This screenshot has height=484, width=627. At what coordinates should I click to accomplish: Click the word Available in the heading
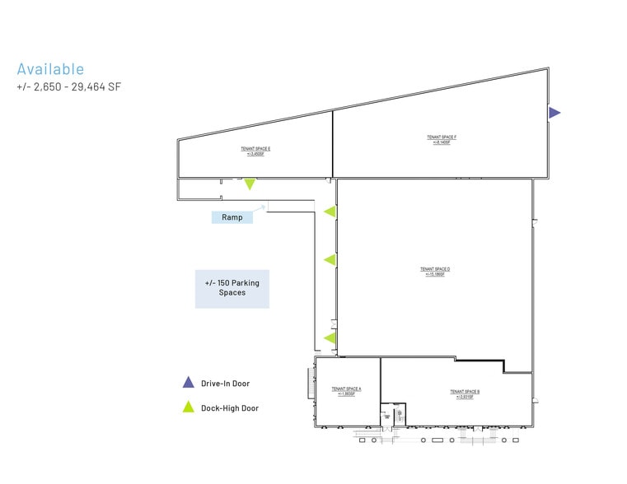click(x=50, y=69)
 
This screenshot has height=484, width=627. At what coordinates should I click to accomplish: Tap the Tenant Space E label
click(x=255, y=151)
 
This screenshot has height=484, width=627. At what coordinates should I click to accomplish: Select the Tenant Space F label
click(x=442, y=139)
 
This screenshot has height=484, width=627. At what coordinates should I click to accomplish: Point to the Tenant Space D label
click(x=434, y=271)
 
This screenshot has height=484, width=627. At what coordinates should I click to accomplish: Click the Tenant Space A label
click(x=347, y=390)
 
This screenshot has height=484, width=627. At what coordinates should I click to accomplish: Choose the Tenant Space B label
click(x=464, y=393)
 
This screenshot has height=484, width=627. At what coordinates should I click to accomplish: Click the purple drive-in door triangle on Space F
click(x=554, y=113)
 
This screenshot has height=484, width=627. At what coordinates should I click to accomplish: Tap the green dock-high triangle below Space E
click(x=249, y=184)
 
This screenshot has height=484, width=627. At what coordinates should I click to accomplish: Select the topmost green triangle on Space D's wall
click(x=330, y=212)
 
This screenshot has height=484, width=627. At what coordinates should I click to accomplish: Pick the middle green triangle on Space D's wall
click(x=330, y=260)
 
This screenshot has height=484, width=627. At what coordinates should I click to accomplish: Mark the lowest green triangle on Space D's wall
click(x=330, y=337)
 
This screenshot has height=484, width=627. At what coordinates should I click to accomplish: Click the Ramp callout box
click(x=232, y=218)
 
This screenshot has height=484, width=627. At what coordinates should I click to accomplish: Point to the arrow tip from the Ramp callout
click(x=264, y=206)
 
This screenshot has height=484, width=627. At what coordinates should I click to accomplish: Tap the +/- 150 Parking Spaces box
click(x=232, y=288)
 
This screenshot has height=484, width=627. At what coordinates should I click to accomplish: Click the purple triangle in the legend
click(x=188, y=383)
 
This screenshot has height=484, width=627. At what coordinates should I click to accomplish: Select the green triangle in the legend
click(x=188, y=407)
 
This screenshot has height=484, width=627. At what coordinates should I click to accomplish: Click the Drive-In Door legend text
click(x=225, y=384)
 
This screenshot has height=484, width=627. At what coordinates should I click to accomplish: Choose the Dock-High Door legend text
click(x=229, y=407)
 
